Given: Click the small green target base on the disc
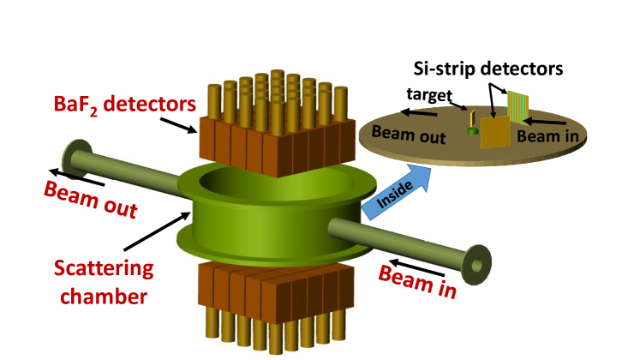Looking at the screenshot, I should [471, 131].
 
